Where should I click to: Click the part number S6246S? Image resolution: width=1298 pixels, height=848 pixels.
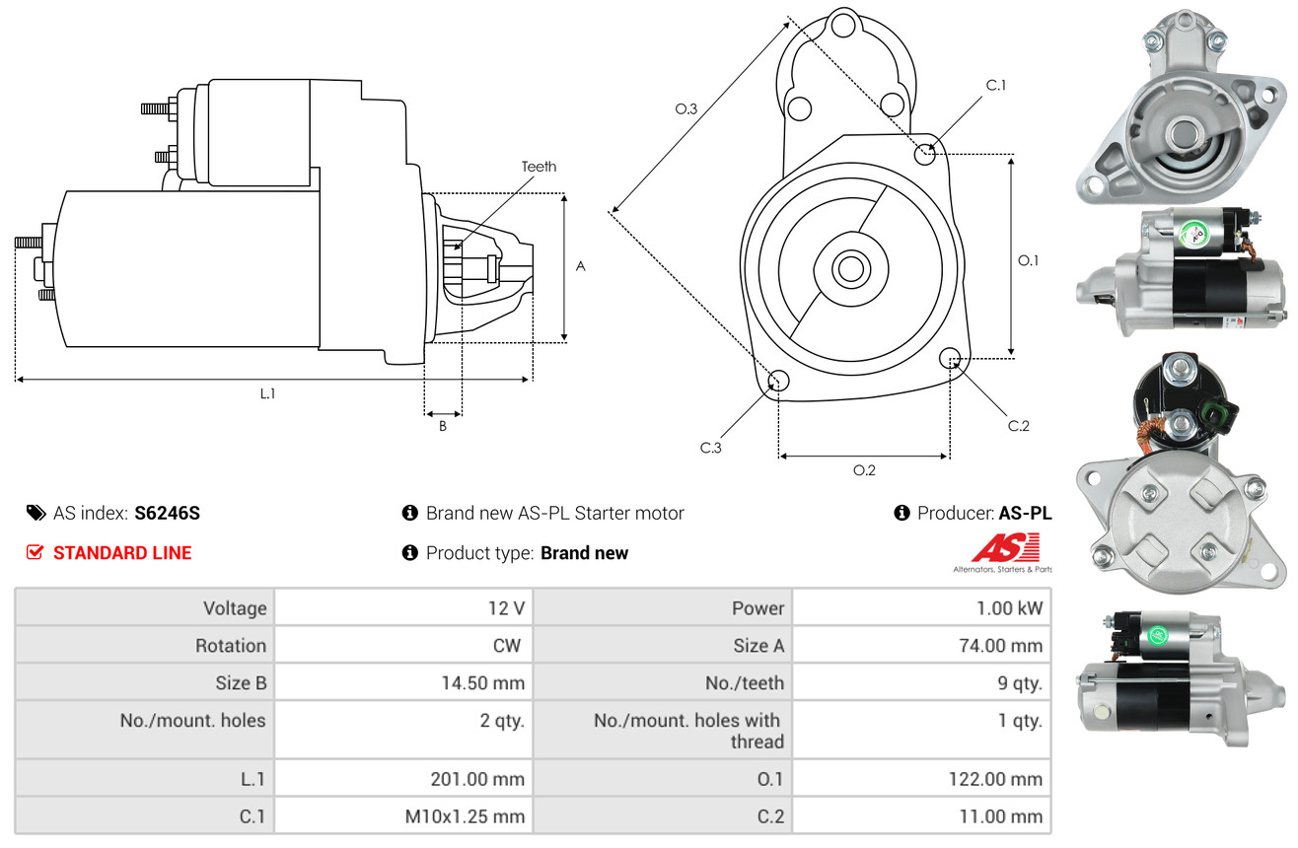pos(167,513)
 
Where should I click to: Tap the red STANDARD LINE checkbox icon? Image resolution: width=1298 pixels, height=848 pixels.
pos(35,552)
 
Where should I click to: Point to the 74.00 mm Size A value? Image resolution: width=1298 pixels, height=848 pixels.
pos(1000,645)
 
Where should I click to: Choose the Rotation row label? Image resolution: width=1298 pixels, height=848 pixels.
pos(231,645)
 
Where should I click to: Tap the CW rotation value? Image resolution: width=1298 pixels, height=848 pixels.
pos(506,645)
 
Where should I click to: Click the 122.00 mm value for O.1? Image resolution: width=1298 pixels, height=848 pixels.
pos(995,779)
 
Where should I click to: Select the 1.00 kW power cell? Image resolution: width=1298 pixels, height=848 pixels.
pos(1009,608)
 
